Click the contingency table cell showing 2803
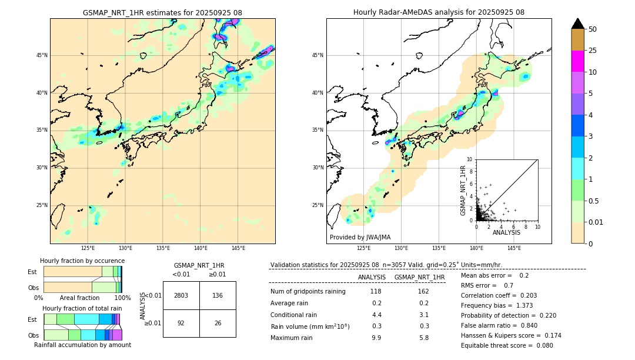pos(181,295)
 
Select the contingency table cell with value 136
pos(218,295)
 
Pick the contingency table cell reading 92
pos(181,323)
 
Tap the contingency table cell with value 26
pos(218,323)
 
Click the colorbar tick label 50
pos(593,29)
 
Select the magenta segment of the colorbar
pos(577,61)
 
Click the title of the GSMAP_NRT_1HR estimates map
pos(162,12)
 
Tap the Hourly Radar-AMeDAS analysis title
pos(439,12)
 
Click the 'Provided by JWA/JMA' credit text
pos(360,237)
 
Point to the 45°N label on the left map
pos(42,55)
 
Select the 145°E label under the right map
pos(514,248)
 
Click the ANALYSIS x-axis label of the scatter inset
pos(506,232)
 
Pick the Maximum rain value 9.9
pos(376,338)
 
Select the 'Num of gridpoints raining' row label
pos(308,291)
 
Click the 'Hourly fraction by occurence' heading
pos(82,261)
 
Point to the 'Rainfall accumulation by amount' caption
pos(82,345)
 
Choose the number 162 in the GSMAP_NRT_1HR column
pos(423,291)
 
